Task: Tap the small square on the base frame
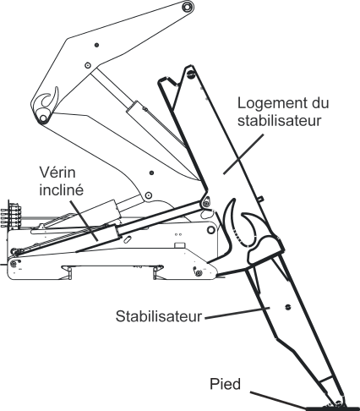[x=177, y=246]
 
